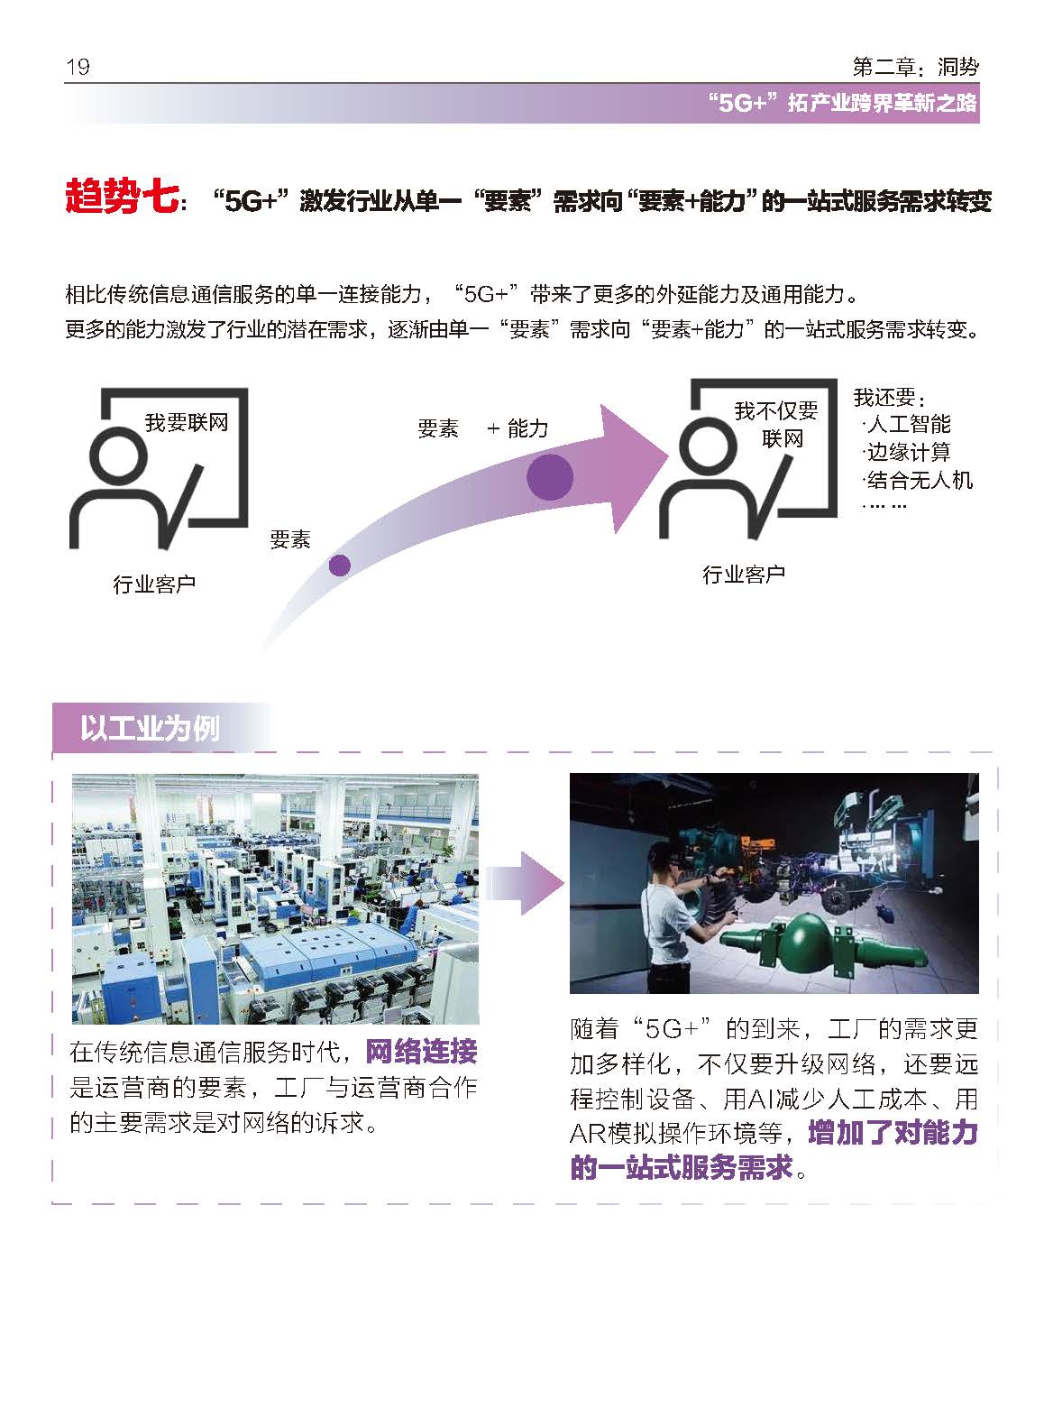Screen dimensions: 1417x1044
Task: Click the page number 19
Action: [x=78, y=68]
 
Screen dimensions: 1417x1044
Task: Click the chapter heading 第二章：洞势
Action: [x=914, y=67]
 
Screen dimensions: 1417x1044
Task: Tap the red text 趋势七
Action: [x=121, y=197]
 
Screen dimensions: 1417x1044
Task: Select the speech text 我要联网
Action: [x=187, y=422]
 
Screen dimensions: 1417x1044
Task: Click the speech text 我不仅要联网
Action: [x=776, y=425]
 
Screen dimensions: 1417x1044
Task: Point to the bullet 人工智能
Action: [x=908, y=424]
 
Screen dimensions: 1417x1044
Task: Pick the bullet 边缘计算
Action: [x=908, y=452]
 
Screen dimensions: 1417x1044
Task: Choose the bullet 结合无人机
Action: [x=919, y=480]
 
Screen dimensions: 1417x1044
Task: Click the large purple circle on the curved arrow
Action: [x=550, y=476]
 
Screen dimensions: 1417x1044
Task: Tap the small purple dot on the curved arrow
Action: [x=339, y=566]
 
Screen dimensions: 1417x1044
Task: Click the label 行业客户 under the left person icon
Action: [x=154, y=584]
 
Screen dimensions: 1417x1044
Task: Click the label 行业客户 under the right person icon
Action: [x=744, y=575]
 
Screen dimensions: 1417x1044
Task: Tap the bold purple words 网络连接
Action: [x=422, y=1052]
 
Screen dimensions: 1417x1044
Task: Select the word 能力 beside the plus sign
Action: [x=527, y=429]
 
